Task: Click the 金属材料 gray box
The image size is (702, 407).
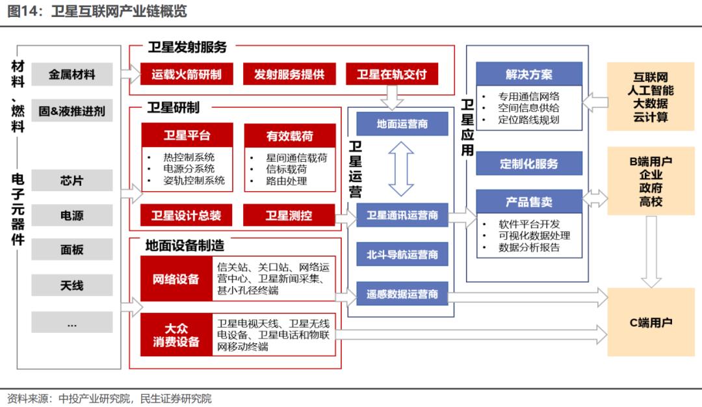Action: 71,74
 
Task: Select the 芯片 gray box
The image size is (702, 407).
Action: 71,180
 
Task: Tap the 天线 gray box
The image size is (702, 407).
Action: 71,285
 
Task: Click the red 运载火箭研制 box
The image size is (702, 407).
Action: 186,74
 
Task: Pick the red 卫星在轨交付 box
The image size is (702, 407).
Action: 391,74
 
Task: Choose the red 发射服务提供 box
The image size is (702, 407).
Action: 289,74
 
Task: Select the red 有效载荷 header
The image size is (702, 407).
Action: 289,136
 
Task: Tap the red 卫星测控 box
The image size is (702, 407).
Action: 289,215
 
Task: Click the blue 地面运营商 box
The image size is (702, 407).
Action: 402,124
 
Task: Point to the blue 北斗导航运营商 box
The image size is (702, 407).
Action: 402,254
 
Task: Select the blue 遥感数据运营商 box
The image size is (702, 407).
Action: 402,294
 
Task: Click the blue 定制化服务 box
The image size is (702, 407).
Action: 528,164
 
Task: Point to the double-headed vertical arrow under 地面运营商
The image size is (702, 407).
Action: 402,169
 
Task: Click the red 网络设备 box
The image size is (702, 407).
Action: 175,279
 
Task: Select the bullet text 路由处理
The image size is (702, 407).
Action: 286,181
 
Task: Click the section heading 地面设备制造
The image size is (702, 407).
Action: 185,245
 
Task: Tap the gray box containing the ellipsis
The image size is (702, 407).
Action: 71,322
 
